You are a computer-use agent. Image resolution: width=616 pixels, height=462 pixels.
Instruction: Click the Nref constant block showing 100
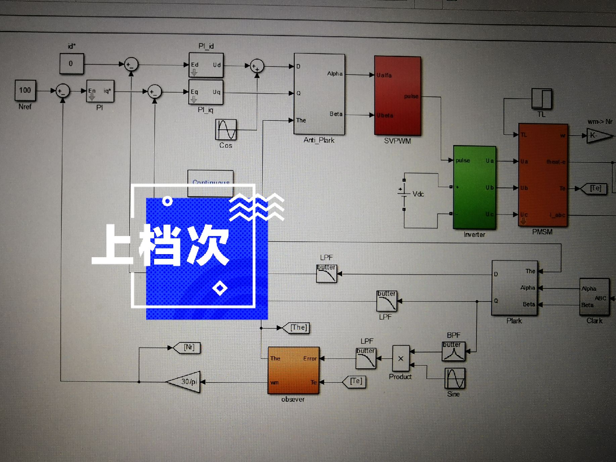click(x=25, y=90)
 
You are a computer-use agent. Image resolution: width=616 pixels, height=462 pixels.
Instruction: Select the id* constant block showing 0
click(x=72, y=63)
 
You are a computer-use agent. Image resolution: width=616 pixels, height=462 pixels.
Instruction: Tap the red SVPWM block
click(x=397, y=96)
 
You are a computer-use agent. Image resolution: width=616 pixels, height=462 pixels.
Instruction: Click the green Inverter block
click(x=474, y=187)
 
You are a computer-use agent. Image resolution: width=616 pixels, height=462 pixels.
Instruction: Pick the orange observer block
click(x=293, y=370)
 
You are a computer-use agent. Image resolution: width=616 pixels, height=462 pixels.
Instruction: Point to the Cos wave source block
click(x=226, y=130)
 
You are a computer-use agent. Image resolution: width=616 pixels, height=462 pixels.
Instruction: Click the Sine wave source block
click(x=455, y=378)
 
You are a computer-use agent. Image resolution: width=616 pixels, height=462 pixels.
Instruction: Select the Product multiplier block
click(x=401, y=358)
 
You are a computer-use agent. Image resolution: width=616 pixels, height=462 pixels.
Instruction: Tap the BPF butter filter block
click(x=453, y=351)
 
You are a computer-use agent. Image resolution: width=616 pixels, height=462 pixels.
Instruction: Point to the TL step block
click(x=541, y=99)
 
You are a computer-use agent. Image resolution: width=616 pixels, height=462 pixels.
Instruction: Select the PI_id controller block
click(x=206, y=65)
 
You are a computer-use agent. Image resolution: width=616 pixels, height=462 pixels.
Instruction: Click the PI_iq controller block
click(x=206, y=92)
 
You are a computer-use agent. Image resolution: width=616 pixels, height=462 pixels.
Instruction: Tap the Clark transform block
click(x=594, y=297)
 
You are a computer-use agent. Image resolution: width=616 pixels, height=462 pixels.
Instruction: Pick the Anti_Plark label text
click(x=319, y=140)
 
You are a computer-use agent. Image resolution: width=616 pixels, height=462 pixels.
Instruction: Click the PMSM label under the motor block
click(x=542, y=232)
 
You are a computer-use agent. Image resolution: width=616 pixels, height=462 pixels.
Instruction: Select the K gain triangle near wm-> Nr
click(x=599, y=136)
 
